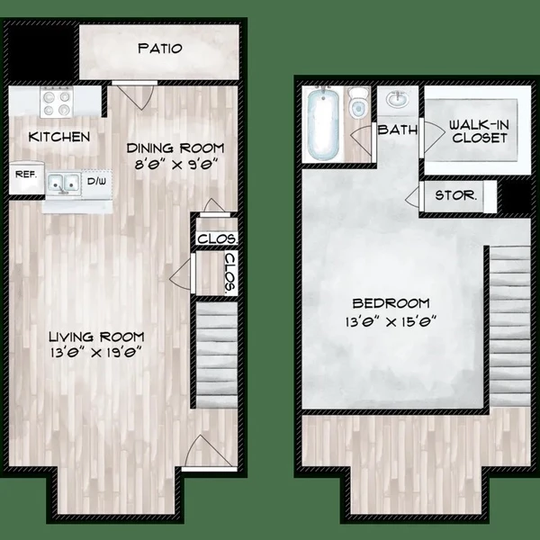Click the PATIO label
click(160, 49)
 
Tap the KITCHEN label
click(59, 137)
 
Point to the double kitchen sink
click(64, 184)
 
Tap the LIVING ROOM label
click(98, 337)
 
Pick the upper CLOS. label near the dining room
click(216, 239)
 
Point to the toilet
click(358, 105)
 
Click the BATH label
click(399, 130)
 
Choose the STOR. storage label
click(454, 194)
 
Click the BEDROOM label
click(392, 303)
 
